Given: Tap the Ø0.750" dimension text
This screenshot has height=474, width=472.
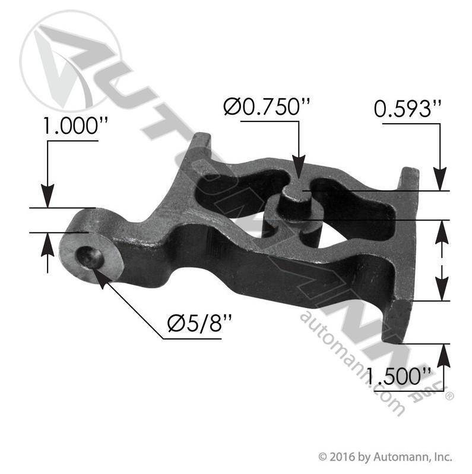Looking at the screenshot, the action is (x=267, y=106).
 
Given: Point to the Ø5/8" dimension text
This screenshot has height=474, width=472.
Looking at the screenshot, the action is (x=200, y=323).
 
